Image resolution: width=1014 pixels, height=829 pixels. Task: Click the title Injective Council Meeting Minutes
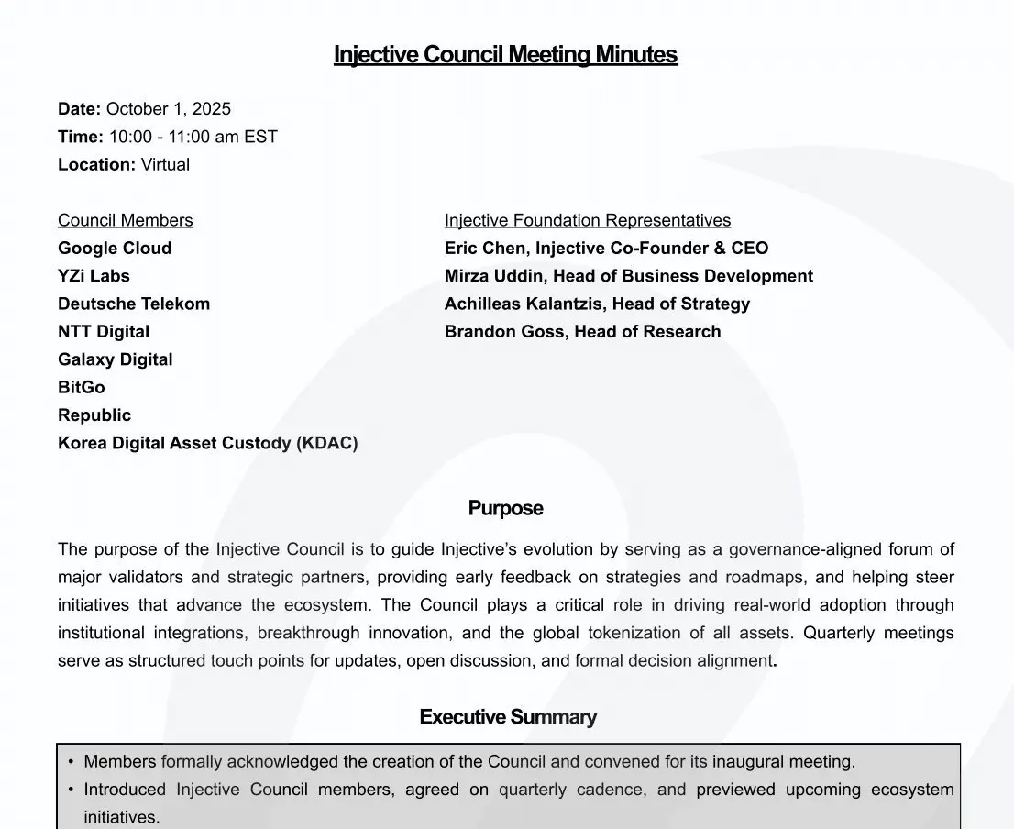505,55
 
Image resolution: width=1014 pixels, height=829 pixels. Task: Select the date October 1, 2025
169,109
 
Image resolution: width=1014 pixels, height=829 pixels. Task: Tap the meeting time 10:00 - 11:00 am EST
193,137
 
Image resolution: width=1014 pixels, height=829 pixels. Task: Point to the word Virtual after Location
165,165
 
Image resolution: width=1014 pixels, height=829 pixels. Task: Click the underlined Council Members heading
126,220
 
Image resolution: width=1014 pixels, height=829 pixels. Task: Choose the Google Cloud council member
115,249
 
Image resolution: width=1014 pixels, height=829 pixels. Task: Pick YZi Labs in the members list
94,276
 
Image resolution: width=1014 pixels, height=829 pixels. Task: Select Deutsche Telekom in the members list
134,304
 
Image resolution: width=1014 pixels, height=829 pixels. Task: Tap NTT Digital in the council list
104,332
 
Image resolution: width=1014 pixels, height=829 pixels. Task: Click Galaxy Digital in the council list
115,359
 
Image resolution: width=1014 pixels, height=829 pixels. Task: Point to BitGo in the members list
82,388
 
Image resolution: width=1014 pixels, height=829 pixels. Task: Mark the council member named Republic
94,415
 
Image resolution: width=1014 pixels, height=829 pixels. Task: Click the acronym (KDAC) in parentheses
326,444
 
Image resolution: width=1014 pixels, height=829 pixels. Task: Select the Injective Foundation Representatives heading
588,220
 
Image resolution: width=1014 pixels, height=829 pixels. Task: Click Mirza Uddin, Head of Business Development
628,276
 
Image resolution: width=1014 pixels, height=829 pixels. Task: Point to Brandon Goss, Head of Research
582,332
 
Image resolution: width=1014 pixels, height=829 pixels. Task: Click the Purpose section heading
506,509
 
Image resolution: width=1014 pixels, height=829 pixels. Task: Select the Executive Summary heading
508,717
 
